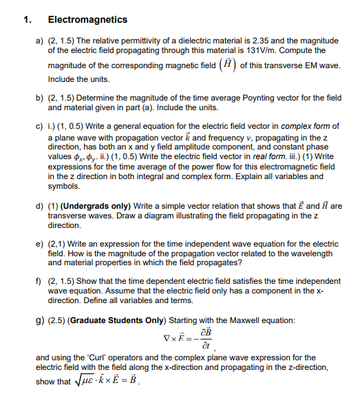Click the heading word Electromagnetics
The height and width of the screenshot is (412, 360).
(x=78, y=20)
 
